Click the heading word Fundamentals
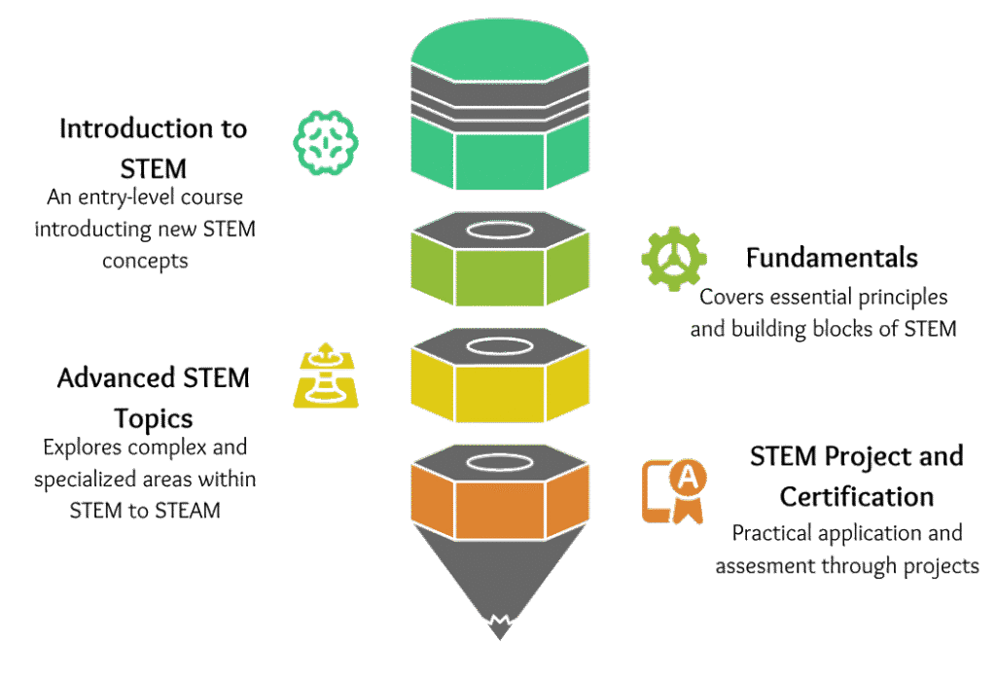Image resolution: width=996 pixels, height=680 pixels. click(x=832, y=258)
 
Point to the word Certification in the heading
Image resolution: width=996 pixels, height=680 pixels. click(x=857, y=496)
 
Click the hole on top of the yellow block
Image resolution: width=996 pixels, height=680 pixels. click(x=499, y=344)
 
